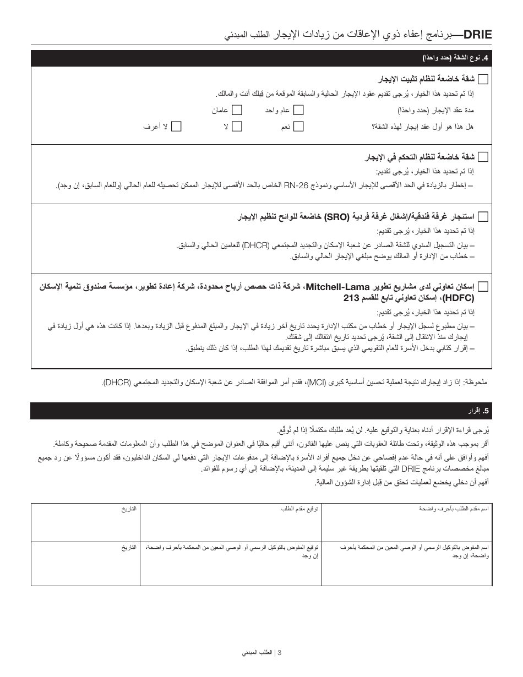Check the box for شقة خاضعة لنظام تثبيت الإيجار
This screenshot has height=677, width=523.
tap(483, 79)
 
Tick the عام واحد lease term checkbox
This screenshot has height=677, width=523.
tap(298, 110)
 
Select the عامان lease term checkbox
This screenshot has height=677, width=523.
tap(237, 110)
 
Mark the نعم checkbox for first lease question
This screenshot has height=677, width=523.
tap(298, 127)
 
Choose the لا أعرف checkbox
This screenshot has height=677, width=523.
tap(176, 127)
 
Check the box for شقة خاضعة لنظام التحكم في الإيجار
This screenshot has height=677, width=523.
tap(483, 157)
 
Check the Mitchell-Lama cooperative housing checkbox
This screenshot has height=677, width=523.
tap(483, 286)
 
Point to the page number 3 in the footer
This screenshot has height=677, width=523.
tap(280, 653)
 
